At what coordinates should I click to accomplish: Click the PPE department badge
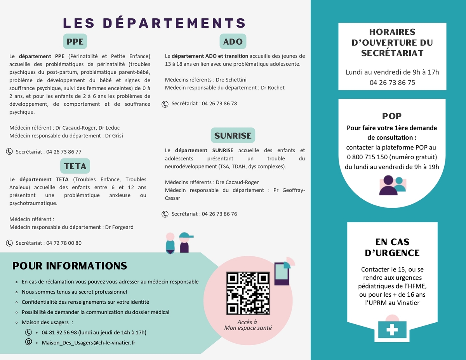point(75,42)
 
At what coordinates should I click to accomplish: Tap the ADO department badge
point(233,42)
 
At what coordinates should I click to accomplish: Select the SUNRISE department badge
point(233,136)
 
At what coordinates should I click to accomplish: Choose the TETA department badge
point(75,166)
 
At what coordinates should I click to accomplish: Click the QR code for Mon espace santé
point(248,293)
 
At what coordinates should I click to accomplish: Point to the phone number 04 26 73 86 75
point(392,82)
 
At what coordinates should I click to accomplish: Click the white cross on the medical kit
point(392,330)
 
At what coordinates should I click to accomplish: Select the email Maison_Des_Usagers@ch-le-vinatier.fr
point(89,343)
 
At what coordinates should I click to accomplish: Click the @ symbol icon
point(28,342)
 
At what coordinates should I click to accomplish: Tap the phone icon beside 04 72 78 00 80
point(9,243)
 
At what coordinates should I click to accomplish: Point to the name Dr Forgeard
point(119,227)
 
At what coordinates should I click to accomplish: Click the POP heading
point(392,116)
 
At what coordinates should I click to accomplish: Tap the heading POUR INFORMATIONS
point(70,266)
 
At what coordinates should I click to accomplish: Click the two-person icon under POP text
point(392,185)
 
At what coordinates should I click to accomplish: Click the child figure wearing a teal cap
point(184,243)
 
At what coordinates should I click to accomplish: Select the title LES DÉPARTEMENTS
point(155,23)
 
